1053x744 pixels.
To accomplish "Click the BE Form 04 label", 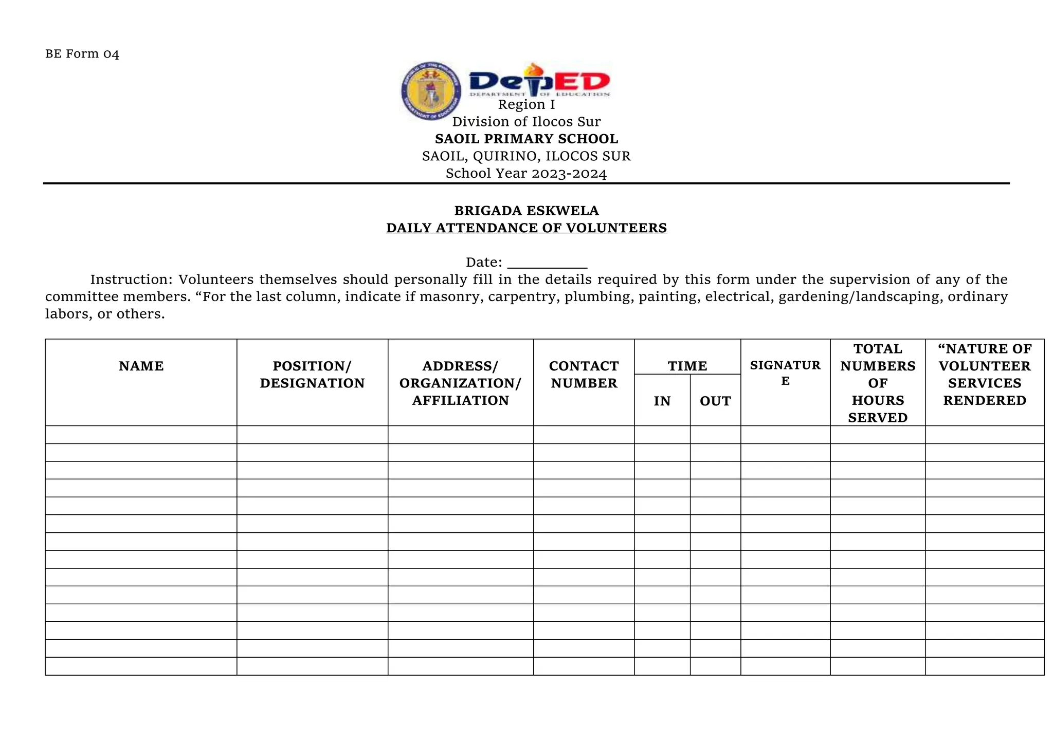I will coord(82,54).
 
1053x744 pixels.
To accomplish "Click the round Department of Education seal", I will coord(430,91).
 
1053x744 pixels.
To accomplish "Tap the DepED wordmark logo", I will coord(539,81).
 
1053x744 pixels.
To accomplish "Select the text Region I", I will coord(526,105).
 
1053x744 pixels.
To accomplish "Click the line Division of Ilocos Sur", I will coord(526,122).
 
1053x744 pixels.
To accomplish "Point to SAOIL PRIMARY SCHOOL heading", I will coord(526,139).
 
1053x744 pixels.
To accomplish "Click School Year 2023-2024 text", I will coord(526,174).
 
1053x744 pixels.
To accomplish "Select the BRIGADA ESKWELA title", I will coord(526,211).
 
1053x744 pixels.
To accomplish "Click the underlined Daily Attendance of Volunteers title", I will coord(526,228).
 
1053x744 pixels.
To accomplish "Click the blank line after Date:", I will coord(547,264).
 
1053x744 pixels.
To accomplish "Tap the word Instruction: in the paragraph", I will coord(131,280).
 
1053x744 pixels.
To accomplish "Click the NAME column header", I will coord(141,366).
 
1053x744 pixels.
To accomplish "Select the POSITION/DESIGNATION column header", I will coord(312,375).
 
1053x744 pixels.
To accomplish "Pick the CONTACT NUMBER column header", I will coord(584,375).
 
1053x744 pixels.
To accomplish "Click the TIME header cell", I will coord(687,366).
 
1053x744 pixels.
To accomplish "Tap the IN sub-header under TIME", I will coord(662,401).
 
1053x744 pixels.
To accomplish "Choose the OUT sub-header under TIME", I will coord(715,401).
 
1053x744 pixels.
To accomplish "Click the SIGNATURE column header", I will coord(785,373).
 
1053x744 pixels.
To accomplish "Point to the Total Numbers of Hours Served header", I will coord(878,383).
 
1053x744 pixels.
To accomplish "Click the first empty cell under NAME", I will coord(141,435).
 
